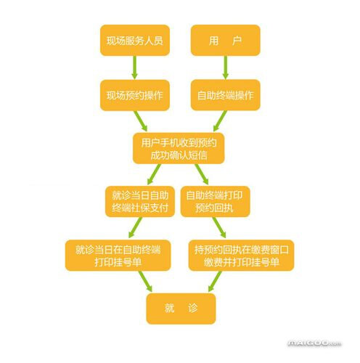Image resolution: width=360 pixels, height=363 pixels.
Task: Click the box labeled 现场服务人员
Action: pyautogui.click(x=135, y=40)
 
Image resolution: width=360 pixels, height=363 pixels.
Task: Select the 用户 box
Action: pyautogui.click(x=225, y=40)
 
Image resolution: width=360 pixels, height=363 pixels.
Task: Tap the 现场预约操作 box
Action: pyautogui.click(x=135, y=95)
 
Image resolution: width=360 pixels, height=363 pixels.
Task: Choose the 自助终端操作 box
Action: pyautogui.click(x=225, y=95)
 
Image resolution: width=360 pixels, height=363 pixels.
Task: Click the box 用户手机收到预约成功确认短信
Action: pyautogui.click(x=179, y=148)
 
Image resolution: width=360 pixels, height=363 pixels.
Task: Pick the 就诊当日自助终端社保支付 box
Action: pyautogui.click(x=140, y=201)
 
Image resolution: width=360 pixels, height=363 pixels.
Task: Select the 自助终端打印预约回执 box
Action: pyautogui.click(x=215, y=201)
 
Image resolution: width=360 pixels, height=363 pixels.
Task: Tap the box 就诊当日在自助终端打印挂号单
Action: pyautogui.click(x=118, y=256)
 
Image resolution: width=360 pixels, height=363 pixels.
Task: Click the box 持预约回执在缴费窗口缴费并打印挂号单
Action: pyautogui.click(x=241, y=256)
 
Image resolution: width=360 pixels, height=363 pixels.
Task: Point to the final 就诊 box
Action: pyautogui.click(x=181, y=309)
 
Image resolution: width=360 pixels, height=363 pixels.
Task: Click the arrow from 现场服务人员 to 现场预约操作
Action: pyautogui.click(x=134, y=68)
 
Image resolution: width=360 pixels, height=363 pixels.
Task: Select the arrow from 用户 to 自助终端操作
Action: pyautogui.click(x=226, y=68)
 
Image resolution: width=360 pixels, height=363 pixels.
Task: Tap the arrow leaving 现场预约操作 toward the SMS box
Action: pyautogui.click(x=141, y=121)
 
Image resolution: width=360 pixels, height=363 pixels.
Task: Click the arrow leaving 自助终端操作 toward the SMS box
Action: pyautogui.click(x=220, y=121)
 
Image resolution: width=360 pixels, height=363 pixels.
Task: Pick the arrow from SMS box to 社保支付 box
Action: pyautogui.click(x=154, y=174)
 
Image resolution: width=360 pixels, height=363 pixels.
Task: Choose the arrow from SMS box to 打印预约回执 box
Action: pyautogui.click(x=202, y=174)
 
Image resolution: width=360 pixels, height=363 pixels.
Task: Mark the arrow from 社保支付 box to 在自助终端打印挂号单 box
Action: pyautogui.click(x=135, y=228)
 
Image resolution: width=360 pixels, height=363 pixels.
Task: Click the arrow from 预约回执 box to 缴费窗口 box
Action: pyautogui.click(x=219, y=228)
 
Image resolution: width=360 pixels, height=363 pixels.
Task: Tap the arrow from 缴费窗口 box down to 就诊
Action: pyautogui.click(x=215, y=282)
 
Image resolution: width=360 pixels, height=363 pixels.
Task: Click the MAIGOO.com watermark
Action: pyautogui.click(x=314, y=343)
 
